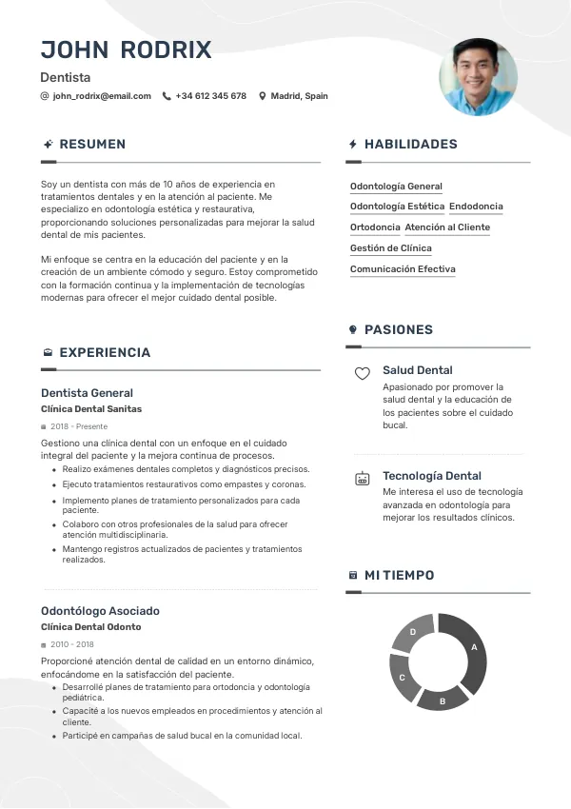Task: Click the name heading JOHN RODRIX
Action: tap(126, 50)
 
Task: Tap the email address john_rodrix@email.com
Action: tap(102, 96)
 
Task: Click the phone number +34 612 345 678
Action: tap(210, 96)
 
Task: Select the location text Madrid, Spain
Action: tap(299, 96)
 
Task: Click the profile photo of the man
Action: tap(478, 77)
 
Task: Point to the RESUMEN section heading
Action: tap(92, 145)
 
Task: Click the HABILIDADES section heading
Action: tap(410, 145)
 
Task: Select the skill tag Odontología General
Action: tap(396, 187)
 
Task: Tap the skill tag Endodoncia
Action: tap(476, 207)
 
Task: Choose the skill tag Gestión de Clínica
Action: tap(390, 248)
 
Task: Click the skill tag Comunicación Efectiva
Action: tap(403, 269)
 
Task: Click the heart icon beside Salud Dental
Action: tap(362, 374)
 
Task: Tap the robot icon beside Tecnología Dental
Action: tap(362, 479)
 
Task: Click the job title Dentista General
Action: tap(87, 393)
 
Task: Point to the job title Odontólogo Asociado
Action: tap(100, 611)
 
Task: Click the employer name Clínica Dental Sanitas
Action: tap(91, 409)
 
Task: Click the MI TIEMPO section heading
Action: tap(399, 576)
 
